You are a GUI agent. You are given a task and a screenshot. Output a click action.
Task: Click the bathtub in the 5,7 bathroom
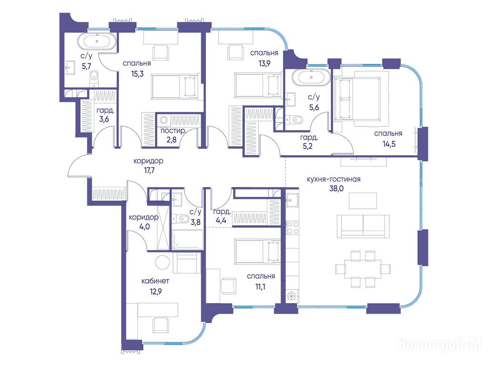(97, 41)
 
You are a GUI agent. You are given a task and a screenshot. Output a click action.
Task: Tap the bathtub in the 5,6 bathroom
(311, 77)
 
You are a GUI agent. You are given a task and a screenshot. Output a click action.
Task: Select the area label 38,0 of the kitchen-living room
(336, 188)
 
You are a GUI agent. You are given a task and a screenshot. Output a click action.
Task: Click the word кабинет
(155, 281)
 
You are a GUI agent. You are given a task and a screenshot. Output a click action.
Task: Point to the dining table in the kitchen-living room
(363, 269)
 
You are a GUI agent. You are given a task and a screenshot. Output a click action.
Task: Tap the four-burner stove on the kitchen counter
(293, 227)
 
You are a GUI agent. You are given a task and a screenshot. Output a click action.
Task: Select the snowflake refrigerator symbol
(292, 296)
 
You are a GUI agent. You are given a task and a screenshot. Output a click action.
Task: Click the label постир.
(173, 131)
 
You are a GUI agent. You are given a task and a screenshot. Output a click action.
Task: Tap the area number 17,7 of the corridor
(149, 171)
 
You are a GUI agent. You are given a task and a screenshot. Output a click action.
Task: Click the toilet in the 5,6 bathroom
(294, 119)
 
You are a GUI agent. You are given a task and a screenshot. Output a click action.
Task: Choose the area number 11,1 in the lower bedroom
(260, 286)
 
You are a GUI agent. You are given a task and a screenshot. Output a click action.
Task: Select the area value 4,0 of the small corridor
(144, 226)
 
